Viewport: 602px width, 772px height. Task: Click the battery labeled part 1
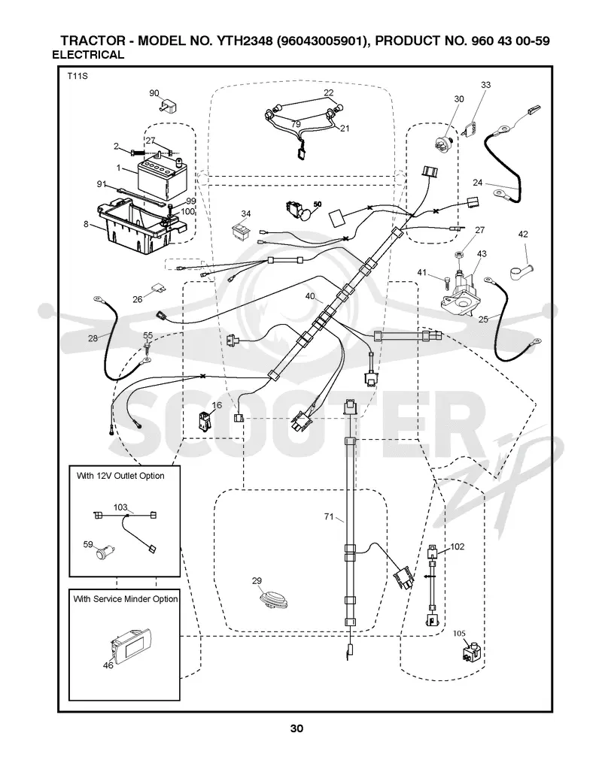pyautogui.click(x=162, y=177)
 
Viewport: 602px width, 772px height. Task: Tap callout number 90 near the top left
pyautogui.click(x=154, y=93)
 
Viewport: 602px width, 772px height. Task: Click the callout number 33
pyautogui.click(x=485, y=85)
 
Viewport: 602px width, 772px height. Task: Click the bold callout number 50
pyautogui.click(x=317, y=204)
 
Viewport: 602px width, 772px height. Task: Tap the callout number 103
pyautogui.click(x=121, y=507)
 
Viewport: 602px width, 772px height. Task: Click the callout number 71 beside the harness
pyautogui.click(x=329, y=516)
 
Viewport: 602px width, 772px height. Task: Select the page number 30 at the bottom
pyautogui.click(x=296, y=728)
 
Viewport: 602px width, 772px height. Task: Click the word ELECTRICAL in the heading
pyautogui.click(x=88, y=55)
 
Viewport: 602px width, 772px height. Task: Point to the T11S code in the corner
pyautogui.click(x=78, y=77)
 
